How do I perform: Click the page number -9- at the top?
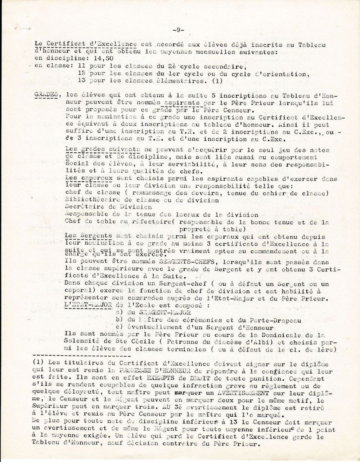coord(178,30)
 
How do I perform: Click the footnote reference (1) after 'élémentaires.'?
coord(217,81)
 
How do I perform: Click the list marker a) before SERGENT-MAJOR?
coord(117,312)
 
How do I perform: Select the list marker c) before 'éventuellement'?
coord(117,327)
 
